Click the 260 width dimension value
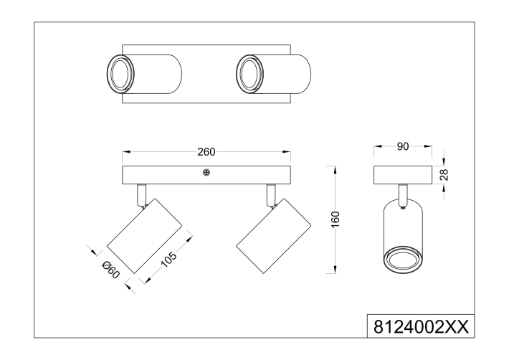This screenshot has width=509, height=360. [206, 151]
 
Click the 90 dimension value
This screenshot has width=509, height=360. [403, 146]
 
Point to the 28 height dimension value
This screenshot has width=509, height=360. [444, 175]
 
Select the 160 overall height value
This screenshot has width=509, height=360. [336, 219]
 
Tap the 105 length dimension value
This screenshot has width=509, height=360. [168, 259]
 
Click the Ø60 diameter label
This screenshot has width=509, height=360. [110, 270]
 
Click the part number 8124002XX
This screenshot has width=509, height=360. [421, 327]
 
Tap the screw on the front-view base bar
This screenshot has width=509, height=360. [206, 173]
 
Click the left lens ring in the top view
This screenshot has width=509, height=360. [120, 74]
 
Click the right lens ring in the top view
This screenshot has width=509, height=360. [249, 74]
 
